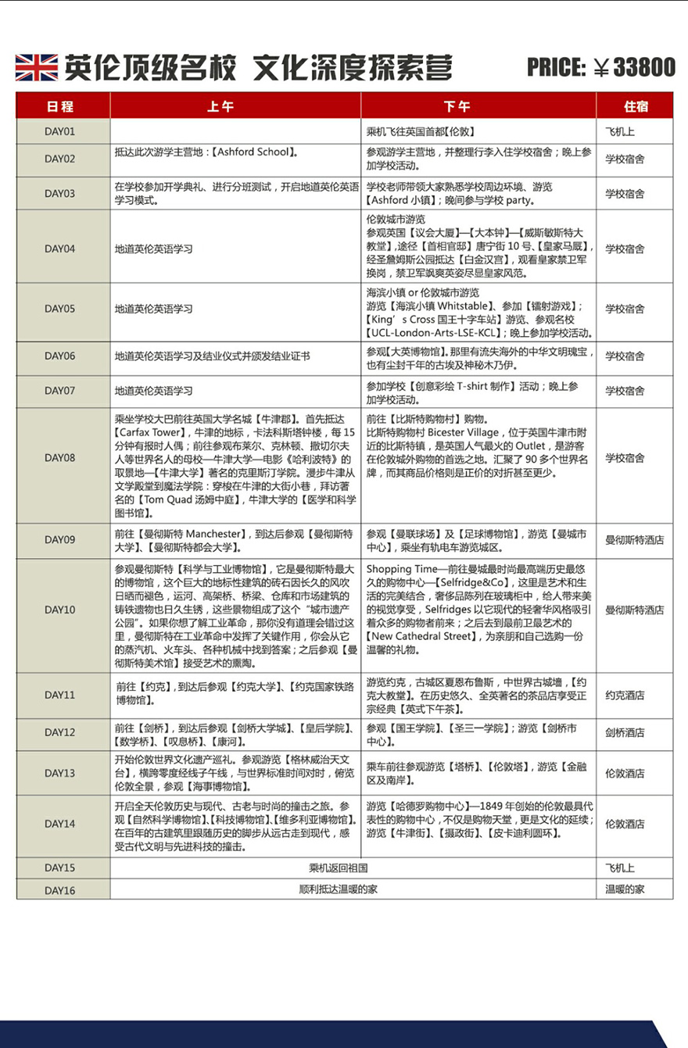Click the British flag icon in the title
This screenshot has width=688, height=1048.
tap(36, 68)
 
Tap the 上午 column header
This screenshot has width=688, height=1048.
tap(220, 106)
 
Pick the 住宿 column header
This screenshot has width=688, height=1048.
tap(636, 106)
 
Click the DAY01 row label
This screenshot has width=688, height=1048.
tap(59, 131)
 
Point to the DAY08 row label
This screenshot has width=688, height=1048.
tap(59, 458)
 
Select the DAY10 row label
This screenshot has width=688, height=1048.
tap(59, 610)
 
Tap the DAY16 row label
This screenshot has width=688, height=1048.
tap(59, 889)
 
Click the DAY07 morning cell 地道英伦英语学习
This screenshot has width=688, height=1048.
tap(154, 390)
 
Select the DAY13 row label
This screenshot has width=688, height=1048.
tap(59, 773)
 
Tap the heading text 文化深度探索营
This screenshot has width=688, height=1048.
tap(353, 68)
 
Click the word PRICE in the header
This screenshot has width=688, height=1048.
tap(556, 68)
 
